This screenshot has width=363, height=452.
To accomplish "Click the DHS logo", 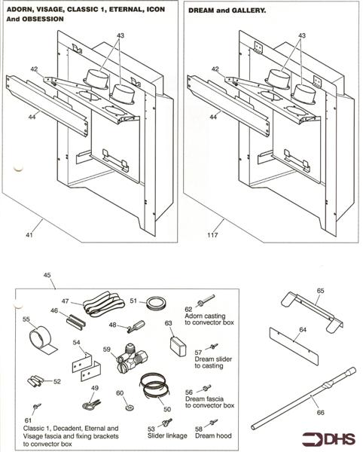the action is (x=329, y=438).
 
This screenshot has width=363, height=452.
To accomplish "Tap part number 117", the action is (x=212, y=235).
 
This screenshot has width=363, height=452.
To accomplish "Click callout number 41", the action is (x=29, y=235).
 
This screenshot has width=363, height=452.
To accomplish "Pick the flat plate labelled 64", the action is (x=294, y=346).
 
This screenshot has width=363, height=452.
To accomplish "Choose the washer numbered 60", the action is (x=130, y=408).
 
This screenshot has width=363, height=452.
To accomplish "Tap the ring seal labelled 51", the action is (x=157, y=304).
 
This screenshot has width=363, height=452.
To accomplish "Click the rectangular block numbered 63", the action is (x=178, y=347).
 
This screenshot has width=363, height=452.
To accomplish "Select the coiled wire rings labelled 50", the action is (x=156, y=387).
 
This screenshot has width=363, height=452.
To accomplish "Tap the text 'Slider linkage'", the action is (x=167, y=435).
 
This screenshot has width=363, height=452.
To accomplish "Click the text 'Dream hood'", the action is (x=213, y=435).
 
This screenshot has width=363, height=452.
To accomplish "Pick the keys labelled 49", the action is (x=92, y=404).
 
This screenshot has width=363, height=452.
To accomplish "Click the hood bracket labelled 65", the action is (x=312, y=312).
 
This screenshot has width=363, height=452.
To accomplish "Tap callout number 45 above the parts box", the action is (x=47, y=275).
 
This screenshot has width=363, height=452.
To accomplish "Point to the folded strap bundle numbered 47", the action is (x=103, y=304).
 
